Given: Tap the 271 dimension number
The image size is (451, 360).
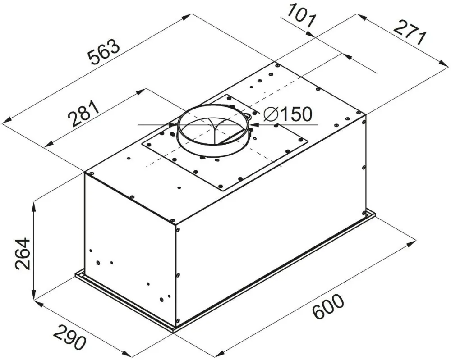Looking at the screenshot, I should pos(409,32).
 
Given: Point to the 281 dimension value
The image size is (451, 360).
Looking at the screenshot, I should pos(83,115).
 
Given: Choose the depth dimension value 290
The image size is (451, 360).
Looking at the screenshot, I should pos(69,336).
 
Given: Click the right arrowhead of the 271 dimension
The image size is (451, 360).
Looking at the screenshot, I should pos(444,66).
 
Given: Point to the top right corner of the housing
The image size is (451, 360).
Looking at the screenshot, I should pos(365,114).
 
